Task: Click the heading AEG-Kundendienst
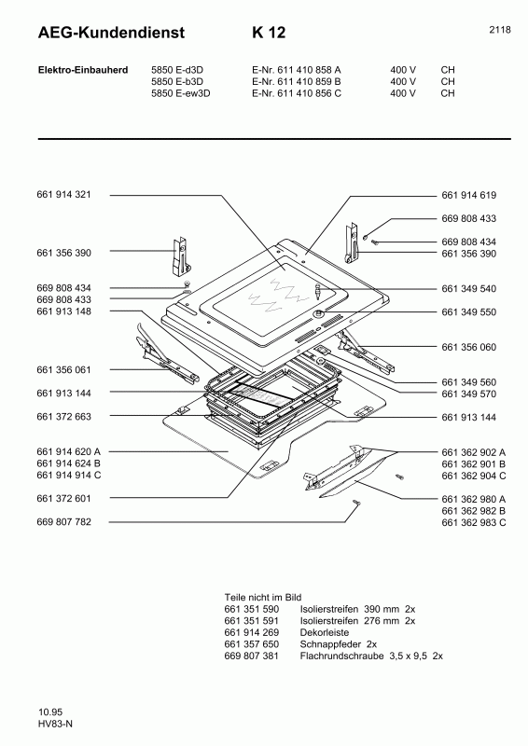pos(98,33)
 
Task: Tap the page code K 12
pos(268,33)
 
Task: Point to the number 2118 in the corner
pos(499,30)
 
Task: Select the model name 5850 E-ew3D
pos(181,93)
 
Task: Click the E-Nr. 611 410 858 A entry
pos(296,69)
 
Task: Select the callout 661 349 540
pos(468,288)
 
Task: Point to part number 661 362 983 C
pos(473,522)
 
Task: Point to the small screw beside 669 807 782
pos(356,504)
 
